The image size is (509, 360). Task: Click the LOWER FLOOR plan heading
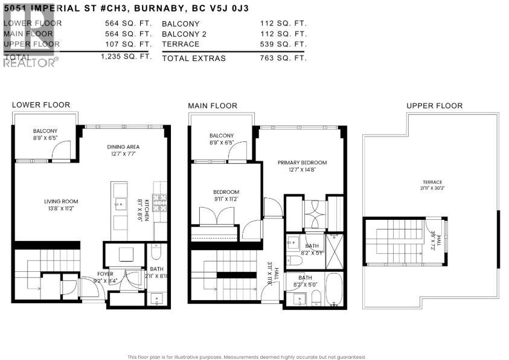click(41, 105)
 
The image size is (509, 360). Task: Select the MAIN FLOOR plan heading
click(213, 106)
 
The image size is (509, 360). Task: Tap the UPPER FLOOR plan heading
click(434, 106)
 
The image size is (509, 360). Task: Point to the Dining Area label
click(123, 146)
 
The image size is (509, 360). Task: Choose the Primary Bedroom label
click(302, 162)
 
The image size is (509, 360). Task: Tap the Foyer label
click(106, 273)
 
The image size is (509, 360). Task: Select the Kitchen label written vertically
click(146, 209)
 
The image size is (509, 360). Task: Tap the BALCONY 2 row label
click(184, 34)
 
